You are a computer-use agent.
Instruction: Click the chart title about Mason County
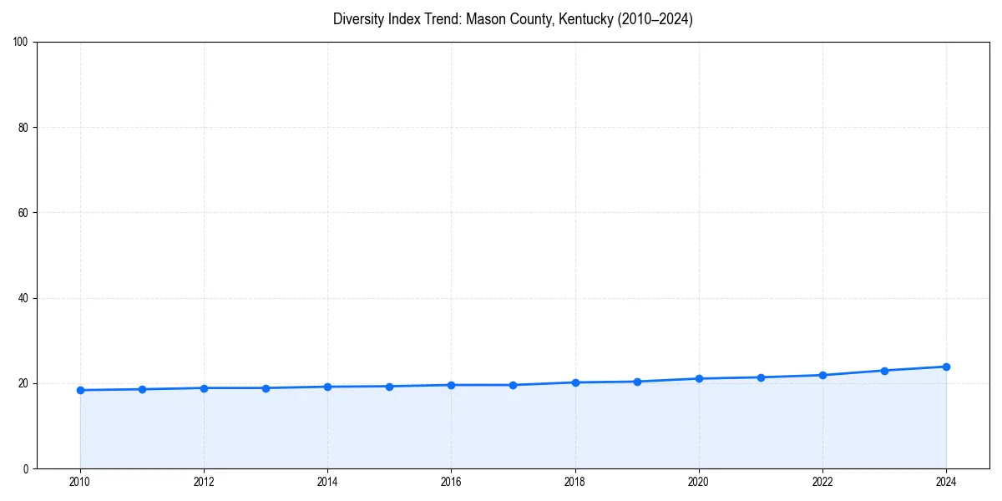click(x=513, y=19)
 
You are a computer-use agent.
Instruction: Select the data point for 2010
click(x=80, y=390)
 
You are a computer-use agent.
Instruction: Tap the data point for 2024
click(x=946, y=367)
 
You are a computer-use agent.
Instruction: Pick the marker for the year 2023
click(x=884, y=371)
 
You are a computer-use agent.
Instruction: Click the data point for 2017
click(x=513, y=385)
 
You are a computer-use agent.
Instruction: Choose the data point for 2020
click(x=699, y=378)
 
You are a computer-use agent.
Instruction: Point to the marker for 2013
click(x=266, y=388)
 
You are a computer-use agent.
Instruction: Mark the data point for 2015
click(x=389, y=387)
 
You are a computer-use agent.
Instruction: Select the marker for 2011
click(x=142, y=389)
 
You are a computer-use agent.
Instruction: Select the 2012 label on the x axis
click(x=204, y=482)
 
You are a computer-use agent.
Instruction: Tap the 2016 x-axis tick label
click(x=451, y=482)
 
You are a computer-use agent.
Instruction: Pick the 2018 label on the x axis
click(x=574, y=482)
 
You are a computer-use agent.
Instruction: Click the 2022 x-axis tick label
click(x=822, y=482)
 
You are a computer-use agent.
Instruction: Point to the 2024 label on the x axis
click(x=946, y=482)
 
